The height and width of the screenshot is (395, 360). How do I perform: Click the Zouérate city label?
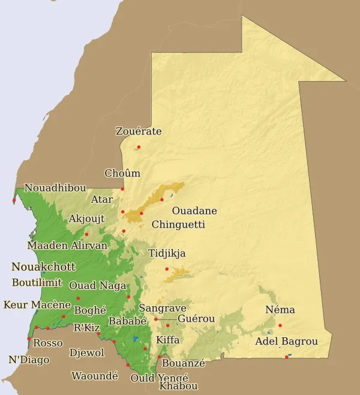click(x=139, y=131)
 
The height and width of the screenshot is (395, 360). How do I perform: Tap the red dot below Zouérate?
click(x=139, y=147)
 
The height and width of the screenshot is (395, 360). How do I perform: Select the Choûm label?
click(x=122, y=173)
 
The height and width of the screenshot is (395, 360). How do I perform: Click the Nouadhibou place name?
click(x=55, y=188)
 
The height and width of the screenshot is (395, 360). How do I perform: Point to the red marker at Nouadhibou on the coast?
click(x=14, y=201)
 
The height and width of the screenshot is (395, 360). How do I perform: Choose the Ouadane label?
click(x=194, y=211)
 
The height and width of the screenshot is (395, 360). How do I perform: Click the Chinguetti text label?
click(x=178, y=225)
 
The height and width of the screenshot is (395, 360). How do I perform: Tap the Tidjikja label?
click(x=167, y=253)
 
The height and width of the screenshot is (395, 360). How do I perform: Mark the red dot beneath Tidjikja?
click(x=167, y=269)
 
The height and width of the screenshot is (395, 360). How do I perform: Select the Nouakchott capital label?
click(x=43, y=267)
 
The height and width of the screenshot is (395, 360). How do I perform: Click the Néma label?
click(x=280, y=310)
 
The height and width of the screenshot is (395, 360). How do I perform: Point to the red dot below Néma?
click(x=280, y=325)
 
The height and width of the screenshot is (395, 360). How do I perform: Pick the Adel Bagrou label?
click(x=286, y=342)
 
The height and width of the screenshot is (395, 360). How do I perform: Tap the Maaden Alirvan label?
click(x=67, y=245)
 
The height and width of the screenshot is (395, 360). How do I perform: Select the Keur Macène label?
click(x=37, y=305)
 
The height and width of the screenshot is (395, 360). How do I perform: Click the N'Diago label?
click(x=29, y=360)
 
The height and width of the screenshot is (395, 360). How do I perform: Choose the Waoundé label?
click(x=95, y=376)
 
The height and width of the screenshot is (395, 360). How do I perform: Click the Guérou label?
click(x=196, y=319)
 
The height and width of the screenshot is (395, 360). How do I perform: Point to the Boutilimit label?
click(x=37, y=283)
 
